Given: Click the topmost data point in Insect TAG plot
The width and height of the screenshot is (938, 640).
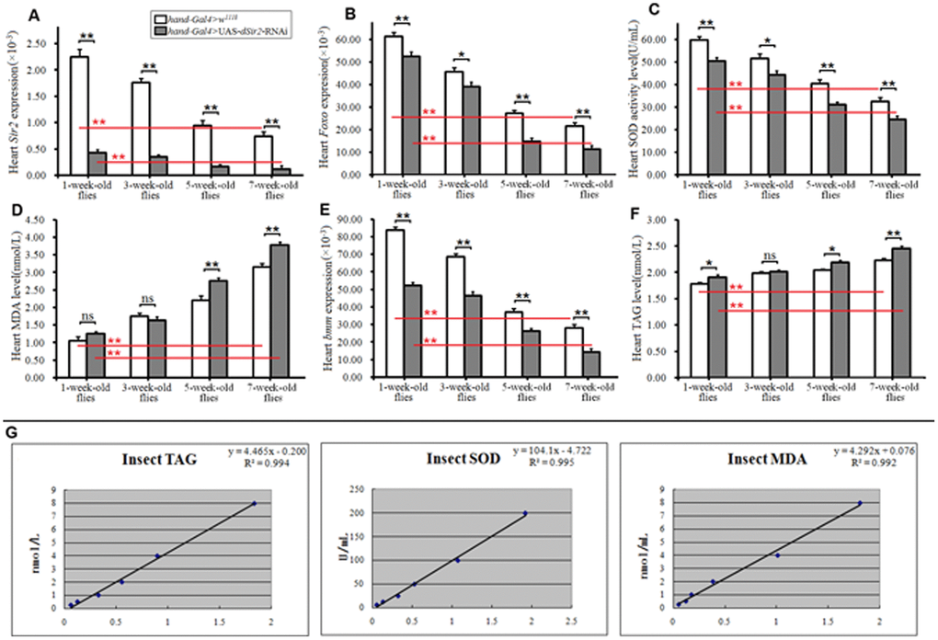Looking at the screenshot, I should [x=254, y=503].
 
